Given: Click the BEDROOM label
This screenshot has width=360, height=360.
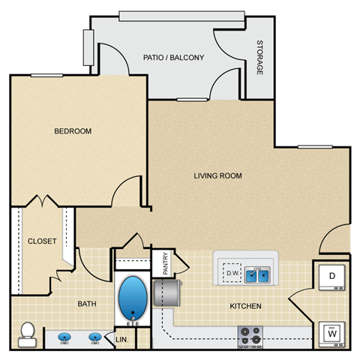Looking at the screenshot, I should click(x=73, y=131).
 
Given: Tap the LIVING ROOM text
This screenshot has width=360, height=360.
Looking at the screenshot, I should click(x=217, y=176).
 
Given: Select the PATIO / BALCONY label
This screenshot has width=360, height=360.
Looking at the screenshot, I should click(x=173, y=57).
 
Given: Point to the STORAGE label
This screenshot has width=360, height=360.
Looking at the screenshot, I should click(x=259, y=57).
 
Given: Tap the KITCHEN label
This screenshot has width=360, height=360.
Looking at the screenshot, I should click(x=245, y=306).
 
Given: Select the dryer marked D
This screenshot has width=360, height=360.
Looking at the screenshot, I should click(x=331, y=277).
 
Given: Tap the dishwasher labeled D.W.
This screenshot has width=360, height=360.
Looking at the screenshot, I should click(x=232, y=274).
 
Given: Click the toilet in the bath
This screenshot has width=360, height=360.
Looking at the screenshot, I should click(x=28, y=331).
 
